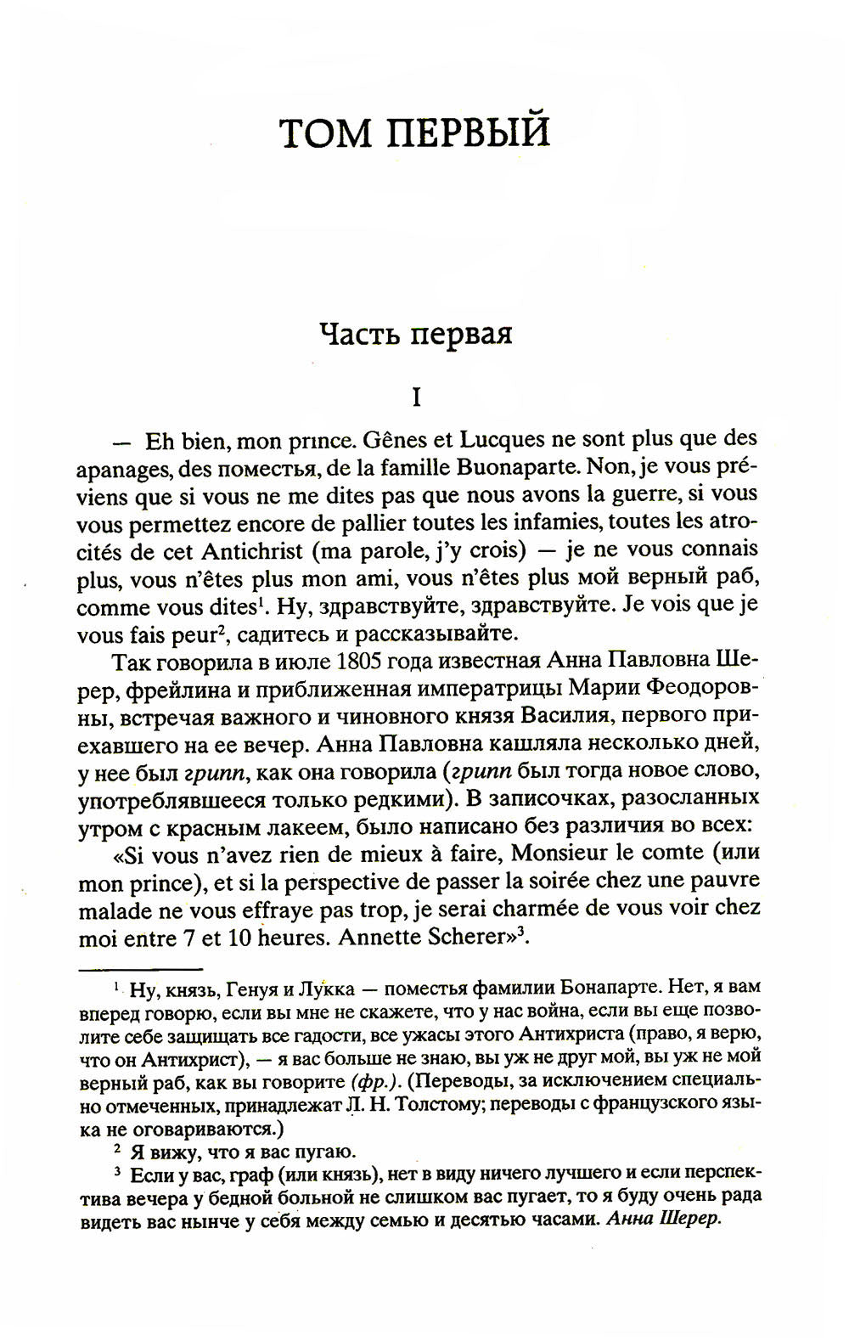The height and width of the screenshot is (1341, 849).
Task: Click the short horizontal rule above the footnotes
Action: tap(140, 966)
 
